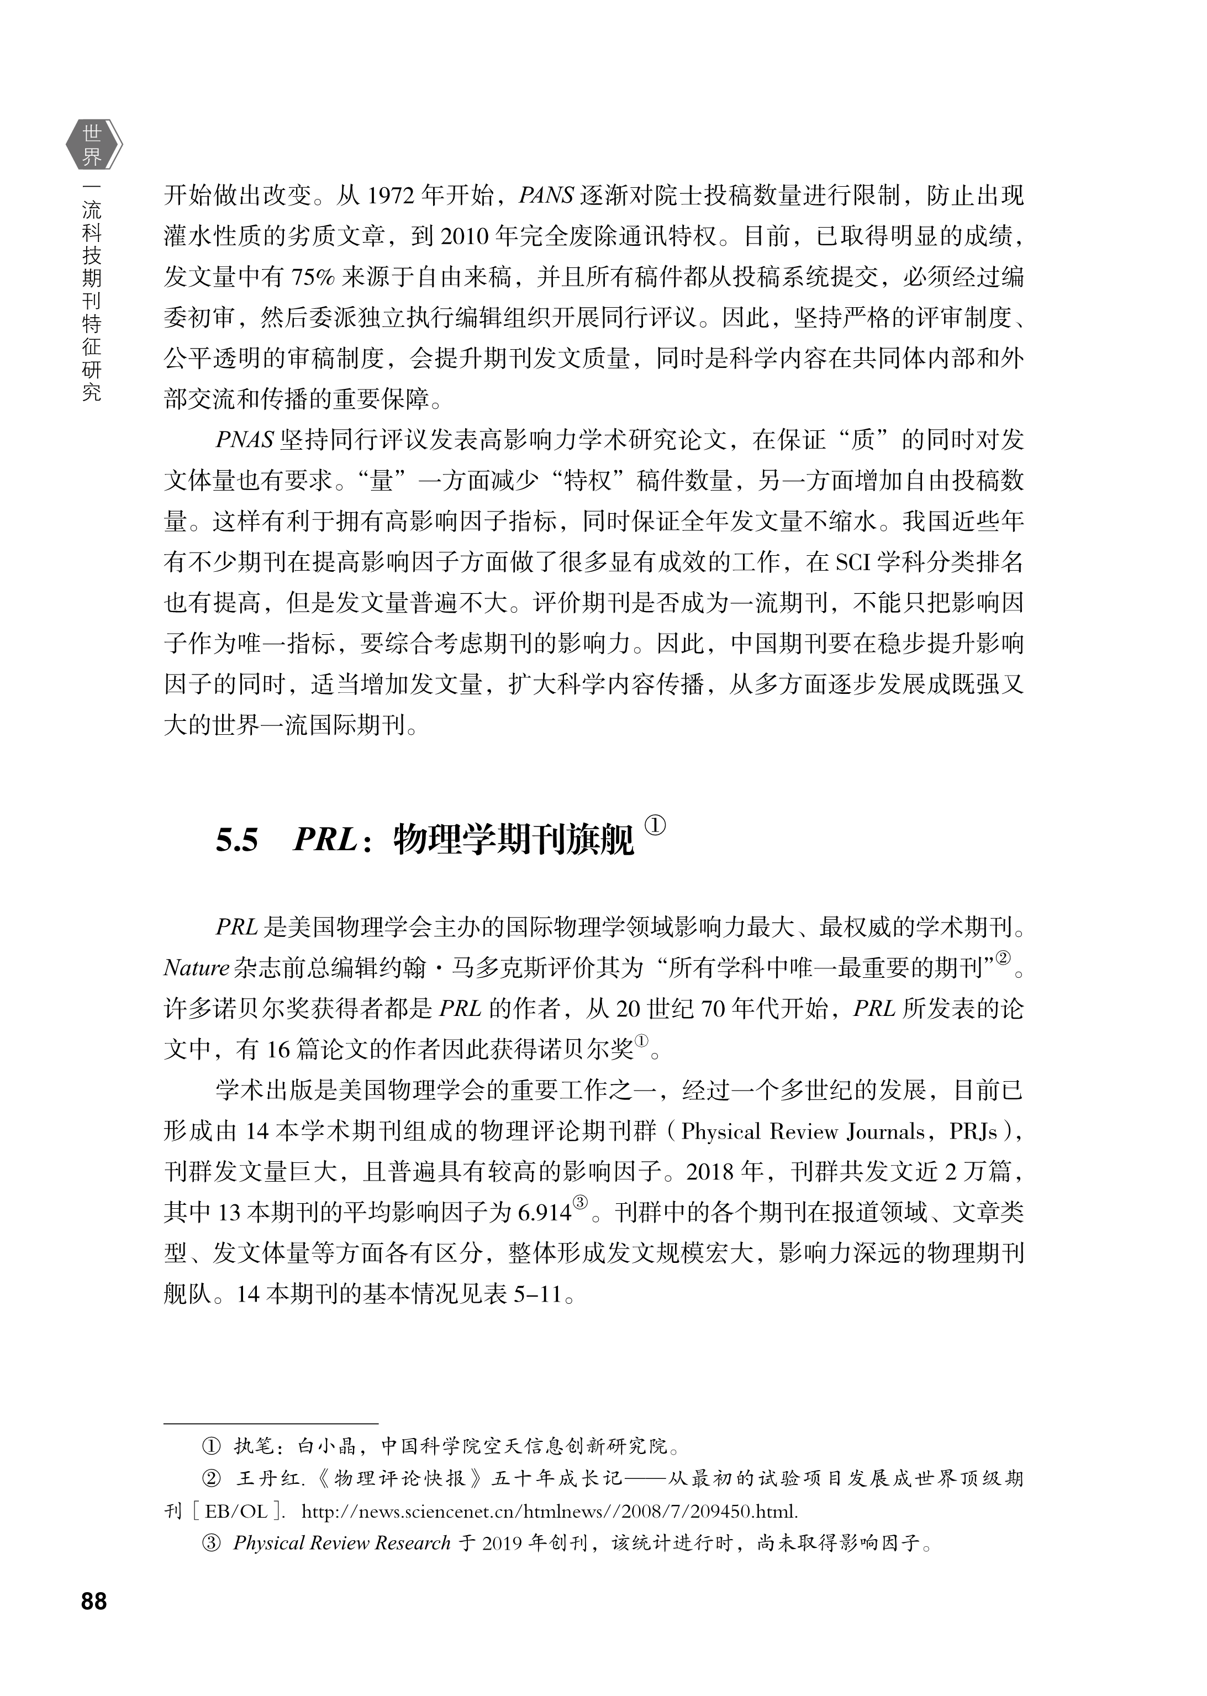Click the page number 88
(94, 1601)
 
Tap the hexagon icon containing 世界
(93, 145)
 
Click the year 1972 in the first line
(392, 196)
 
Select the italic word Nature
(196, 968)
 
